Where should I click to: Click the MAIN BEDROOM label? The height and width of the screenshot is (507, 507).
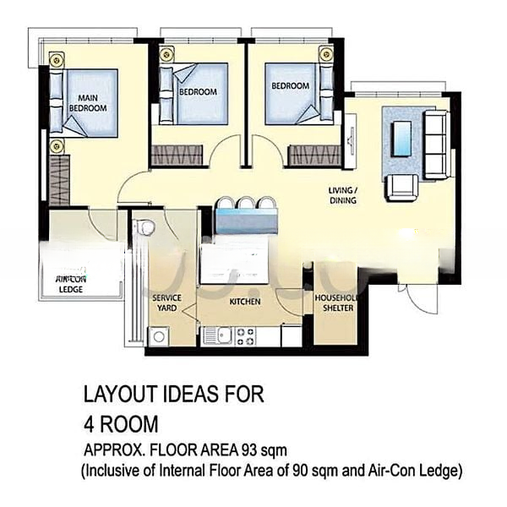(x=87, y=102)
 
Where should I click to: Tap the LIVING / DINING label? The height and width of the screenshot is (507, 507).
(x=342, y=196)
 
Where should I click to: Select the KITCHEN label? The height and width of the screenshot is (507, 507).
(x=245, y=302)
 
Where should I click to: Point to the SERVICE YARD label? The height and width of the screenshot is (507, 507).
(x=165, y=303)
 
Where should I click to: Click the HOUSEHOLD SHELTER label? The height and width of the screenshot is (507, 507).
(x=333, y=303)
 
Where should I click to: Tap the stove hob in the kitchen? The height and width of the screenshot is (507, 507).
(x=245, y=335)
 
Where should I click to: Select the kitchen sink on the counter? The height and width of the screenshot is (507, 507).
(x=211, y=335)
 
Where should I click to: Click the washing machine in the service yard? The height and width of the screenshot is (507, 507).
(x=158, y=336)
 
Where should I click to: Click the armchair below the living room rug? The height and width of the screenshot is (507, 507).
(x=401, y=187)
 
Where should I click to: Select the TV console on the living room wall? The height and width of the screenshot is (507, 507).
(x=348, y=135)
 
